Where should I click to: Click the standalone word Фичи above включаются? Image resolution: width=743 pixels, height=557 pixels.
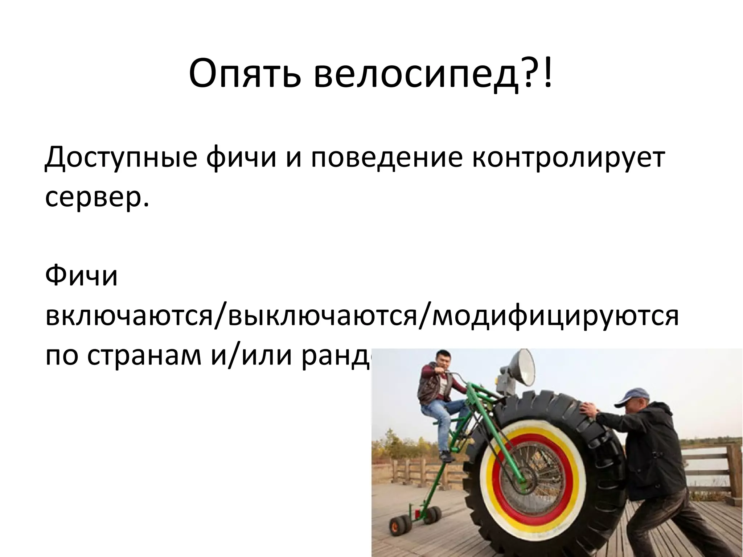coord(81,276)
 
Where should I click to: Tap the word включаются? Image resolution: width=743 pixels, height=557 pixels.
coord(129,316)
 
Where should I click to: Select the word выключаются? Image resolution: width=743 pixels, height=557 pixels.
coord(319,316)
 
